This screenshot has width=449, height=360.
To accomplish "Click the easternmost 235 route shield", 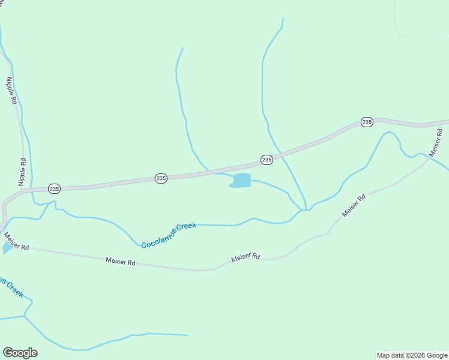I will (367, 122).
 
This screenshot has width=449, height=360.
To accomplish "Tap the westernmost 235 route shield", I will (54, 188).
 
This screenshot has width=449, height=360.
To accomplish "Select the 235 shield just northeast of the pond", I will (267, 160).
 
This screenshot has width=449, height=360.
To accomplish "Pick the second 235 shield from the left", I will (161, 178).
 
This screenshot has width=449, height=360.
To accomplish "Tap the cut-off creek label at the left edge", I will (11, 287).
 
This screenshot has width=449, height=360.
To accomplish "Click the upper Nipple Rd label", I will (10, 90).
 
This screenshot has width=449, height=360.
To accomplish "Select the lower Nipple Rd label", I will (23, 171).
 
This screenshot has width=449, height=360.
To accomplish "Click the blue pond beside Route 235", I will (241, 180).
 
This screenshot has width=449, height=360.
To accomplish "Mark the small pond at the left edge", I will (7, 247).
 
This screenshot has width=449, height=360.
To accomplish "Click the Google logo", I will (20, 353).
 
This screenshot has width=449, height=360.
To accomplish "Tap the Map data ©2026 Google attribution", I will (412, 355).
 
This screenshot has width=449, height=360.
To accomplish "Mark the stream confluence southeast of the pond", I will (305, 210).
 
